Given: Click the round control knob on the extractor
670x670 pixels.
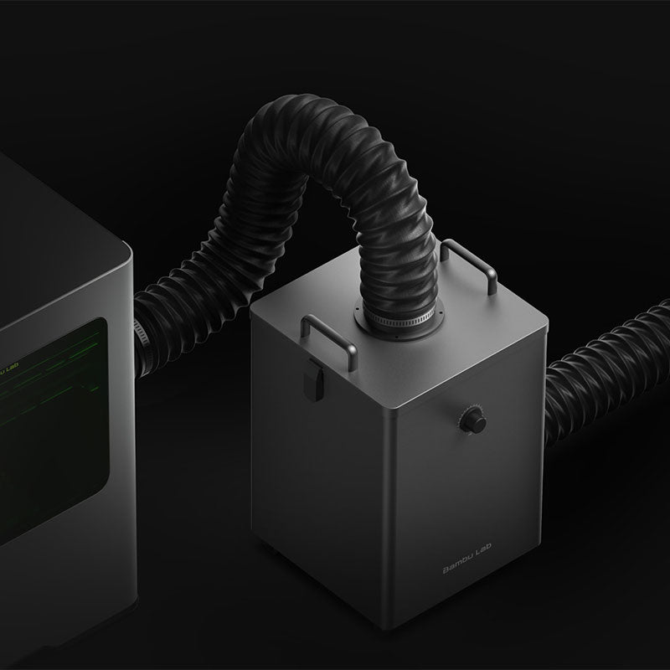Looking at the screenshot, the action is [473, 420].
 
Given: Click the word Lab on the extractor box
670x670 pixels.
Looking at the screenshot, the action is [484, 549].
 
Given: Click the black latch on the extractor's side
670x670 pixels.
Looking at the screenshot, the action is [313, 380].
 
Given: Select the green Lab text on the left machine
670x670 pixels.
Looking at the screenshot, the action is [13, 367].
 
